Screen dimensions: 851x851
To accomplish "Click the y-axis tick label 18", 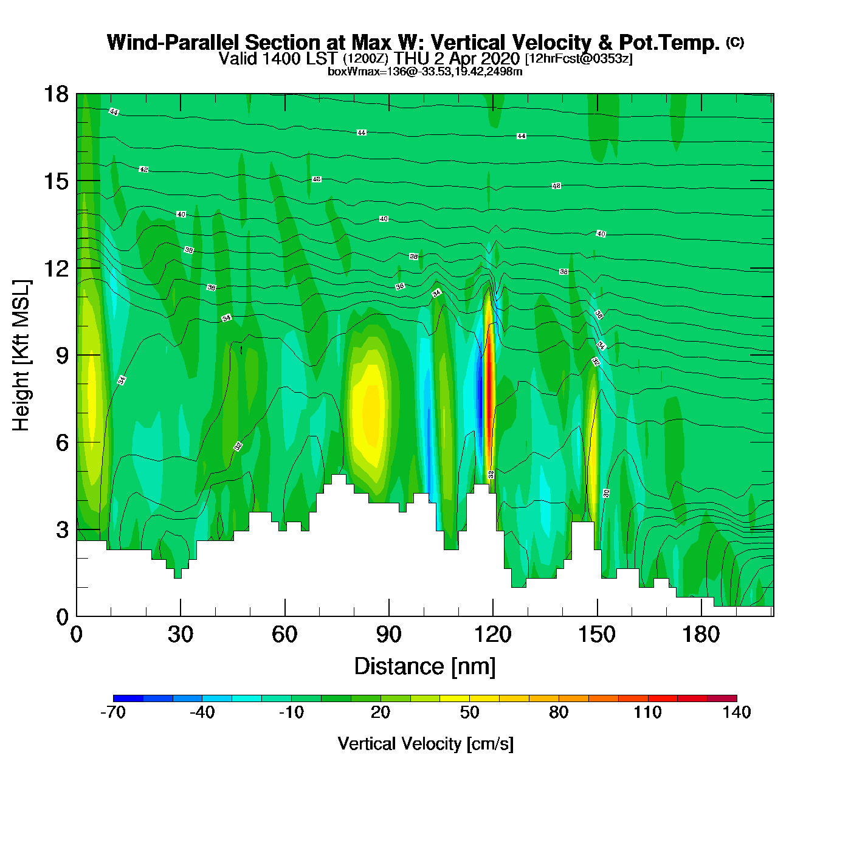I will click(x=55, y=94).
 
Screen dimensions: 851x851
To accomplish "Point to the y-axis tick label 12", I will click(x=55, y=268).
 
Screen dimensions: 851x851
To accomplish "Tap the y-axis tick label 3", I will click(x=62, y=530).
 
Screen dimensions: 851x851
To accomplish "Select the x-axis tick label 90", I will click(x=388, y=635).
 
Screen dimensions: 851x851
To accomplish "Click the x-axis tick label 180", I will click(x=701, y=635).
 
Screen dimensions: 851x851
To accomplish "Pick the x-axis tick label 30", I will click(x=181, y=635).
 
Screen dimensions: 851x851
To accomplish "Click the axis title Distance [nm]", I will click(x=425, y=667).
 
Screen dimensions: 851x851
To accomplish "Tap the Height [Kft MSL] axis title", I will click(x=21, y=356).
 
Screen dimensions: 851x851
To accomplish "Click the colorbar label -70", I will click(x=113, y=712).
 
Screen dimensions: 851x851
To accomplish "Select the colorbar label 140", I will click(x=736, y=712).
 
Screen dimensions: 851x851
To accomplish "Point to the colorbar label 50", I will click(x=469, y=712).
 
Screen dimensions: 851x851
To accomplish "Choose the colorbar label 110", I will click(x=647, y=712).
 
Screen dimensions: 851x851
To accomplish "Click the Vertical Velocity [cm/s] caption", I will click(x=425, y=744).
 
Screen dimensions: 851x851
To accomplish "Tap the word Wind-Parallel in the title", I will click(x=174, y=43).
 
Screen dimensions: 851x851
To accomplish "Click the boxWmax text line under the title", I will click(x=425, y=72).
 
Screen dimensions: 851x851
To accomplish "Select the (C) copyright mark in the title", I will click(x=735, y=42).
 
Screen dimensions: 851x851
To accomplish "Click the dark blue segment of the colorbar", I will click(x=128, y=698).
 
